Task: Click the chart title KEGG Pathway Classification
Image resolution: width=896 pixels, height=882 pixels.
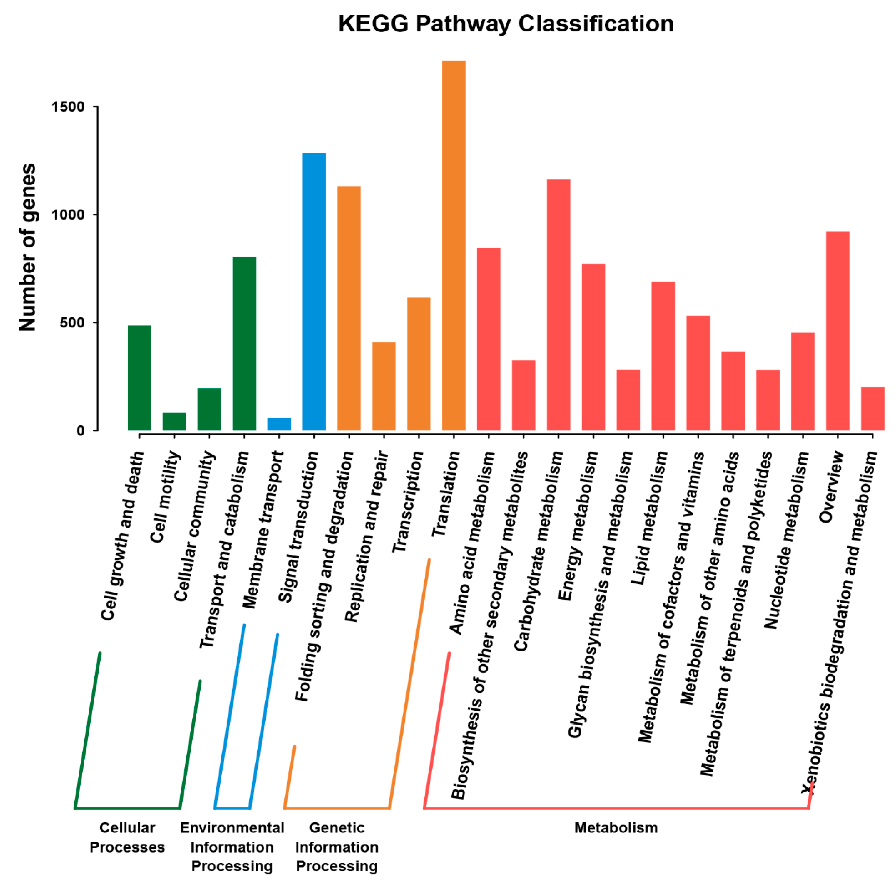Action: click(505, 24)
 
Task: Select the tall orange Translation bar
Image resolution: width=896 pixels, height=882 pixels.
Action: click(454, 245)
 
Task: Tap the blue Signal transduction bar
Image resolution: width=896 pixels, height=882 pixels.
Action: click(314, 292)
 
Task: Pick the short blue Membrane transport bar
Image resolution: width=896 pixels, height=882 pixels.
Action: click(279, 424)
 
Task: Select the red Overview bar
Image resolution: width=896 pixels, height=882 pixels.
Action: click(838, 331)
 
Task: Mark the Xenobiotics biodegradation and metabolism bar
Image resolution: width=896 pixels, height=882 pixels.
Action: click(872, 408)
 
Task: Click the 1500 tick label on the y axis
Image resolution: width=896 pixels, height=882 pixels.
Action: click(68, 107)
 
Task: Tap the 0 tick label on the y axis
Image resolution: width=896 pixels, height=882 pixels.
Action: click(81, 431)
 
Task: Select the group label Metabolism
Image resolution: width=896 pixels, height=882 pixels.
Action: click(616, 827)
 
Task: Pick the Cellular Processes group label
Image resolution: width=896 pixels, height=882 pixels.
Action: click(127, 837)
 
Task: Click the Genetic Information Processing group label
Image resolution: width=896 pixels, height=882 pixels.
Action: click(337, 847)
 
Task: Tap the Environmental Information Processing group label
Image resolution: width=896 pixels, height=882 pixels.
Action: click(232, 847)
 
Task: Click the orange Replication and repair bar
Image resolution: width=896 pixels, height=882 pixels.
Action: click(384, 386)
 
